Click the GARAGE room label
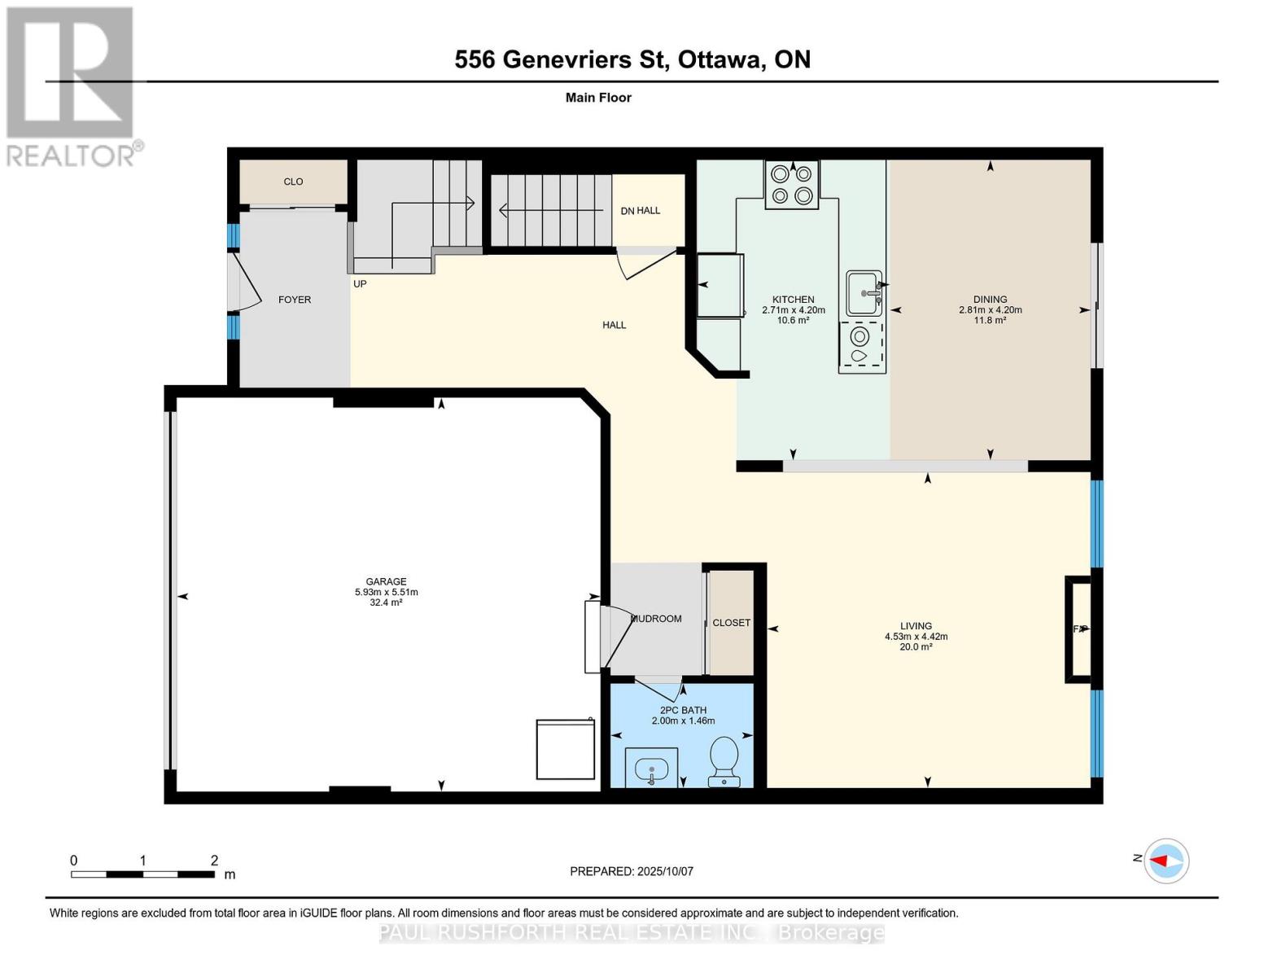coord(386,581)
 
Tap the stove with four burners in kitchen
coord(792,184)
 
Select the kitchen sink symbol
coord(864,293)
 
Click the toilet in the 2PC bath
coord(723,761)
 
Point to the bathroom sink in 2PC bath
coord(651,769)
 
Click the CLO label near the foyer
coord(293,182)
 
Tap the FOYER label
coord(295,300)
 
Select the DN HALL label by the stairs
coord(641,211)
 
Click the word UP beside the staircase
coord(360,284)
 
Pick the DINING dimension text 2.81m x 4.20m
coord(990,310)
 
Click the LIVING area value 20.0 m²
coord(916,646)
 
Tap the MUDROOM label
coord(656,619)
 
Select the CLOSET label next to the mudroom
coord(731,623)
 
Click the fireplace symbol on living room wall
coord(1080,629)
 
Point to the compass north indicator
coord(1166,861)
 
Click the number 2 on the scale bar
coord(214,861)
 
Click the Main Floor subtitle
coord(598,98)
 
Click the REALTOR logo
coord(71,85)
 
